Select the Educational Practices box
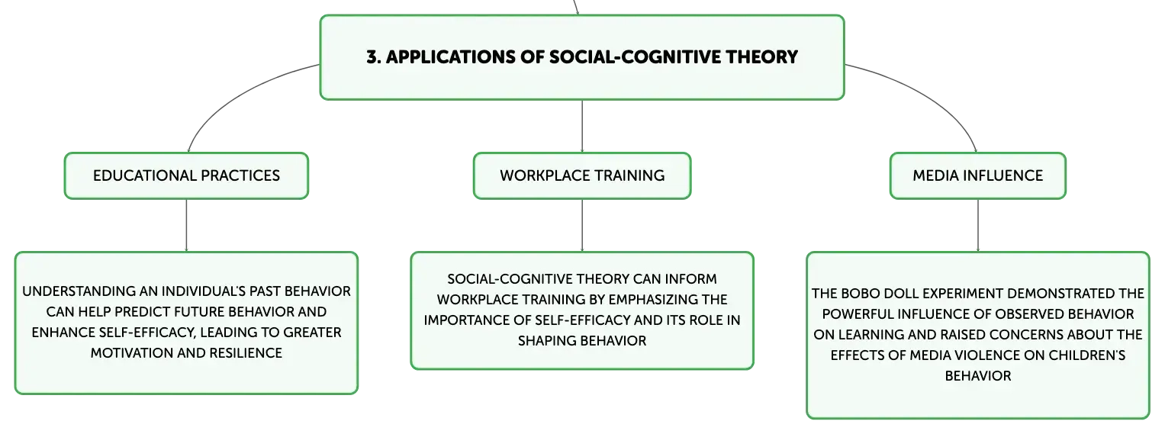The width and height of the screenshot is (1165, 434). (x=186, y=175)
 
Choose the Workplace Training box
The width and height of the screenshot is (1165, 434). (x=582, y=175)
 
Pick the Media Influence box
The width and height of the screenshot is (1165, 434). (x=978, y=175)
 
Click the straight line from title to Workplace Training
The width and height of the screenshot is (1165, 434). (x=582, y=126)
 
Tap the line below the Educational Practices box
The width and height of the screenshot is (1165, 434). (x=186, y=226)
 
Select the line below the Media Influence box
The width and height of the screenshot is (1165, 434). (x=978, y=226)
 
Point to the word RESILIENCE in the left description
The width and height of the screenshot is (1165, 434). (x=246, y=353)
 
